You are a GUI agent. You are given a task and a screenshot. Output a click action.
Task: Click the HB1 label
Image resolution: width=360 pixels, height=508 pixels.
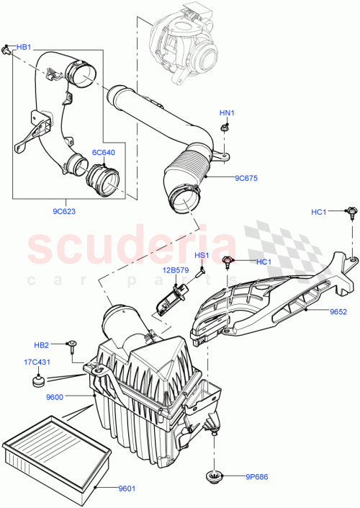(x=24, y=47)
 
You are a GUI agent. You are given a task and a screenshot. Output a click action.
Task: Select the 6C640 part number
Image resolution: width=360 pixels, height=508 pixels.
(x=103, y=152)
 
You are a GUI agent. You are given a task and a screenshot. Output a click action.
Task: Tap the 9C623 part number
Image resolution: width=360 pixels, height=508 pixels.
(x=66, y=212)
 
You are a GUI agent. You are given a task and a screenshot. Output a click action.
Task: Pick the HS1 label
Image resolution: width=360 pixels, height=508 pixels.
(x=202, y=255)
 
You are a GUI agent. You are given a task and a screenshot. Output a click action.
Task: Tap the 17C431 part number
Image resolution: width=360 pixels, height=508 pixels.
(x=37, y=362)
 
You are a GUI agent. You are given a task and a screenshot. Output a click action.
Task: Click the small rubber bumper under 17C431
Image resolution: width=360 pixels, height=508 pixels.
(x=38, y=379)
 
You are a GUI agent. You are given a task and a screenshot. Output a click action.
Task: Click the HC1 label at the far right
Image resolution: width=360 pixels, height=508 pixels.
(x=319, y=212)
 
